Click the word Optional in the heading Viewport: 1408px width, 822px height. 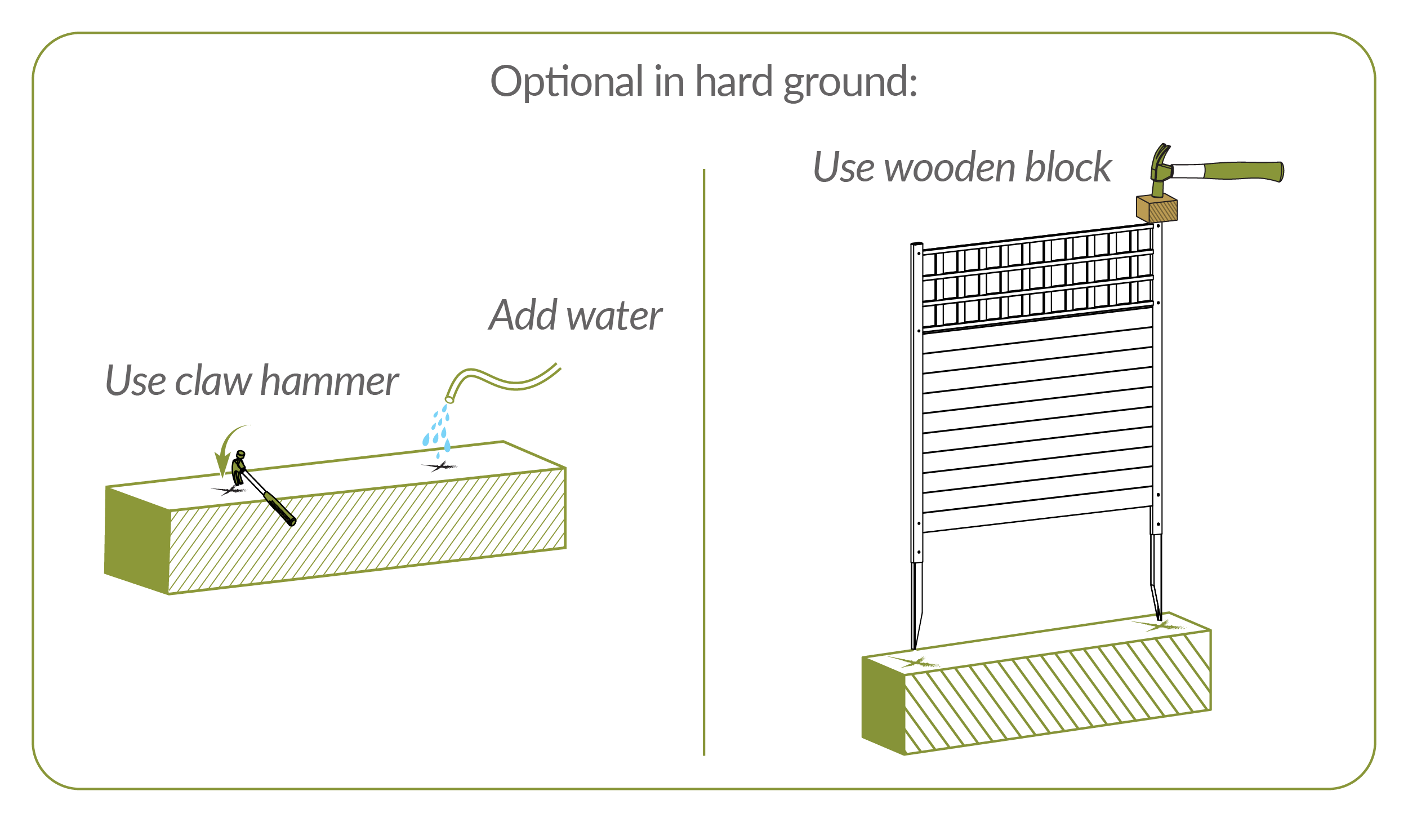tap(567, 82)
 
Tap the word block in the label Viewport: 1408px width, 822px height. tap(1068, 167)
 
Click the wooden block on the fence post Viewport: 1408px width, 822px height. tap(1157, 208)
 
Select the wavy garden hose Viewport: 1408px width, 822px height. tap(507, 381)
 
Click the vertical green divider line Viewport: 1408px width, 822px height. tap(704, 462)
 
